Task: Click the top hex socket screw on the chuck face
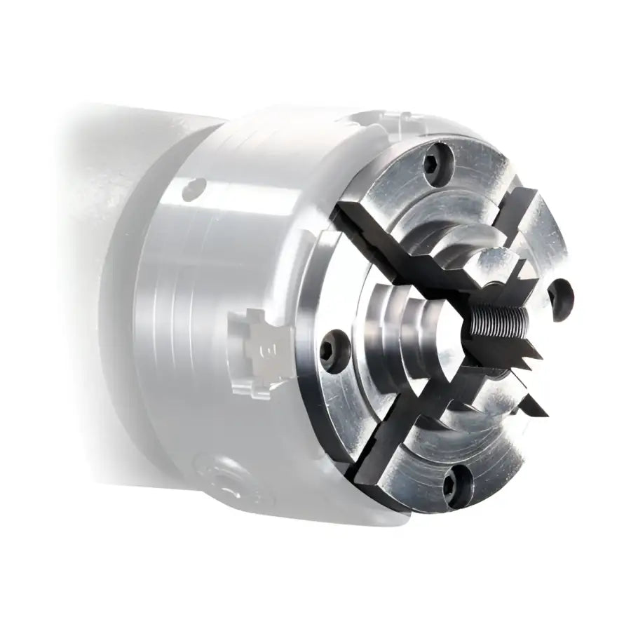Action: [x=437, y=160]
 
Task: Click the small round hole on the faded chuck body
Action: [x=194, y=188]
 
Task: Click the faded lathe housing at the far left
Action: [x=84, y=210]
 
